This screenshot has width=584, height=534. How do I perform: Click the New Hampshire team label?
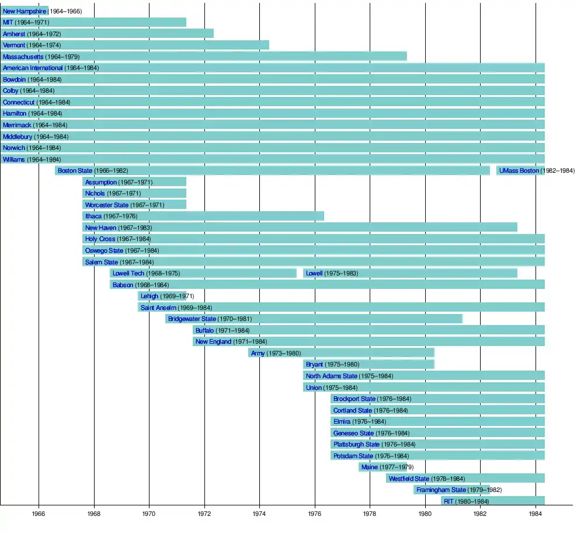tap(25, 11)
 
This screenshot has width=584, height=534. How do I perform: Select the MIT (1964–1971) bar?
tap(93, 22)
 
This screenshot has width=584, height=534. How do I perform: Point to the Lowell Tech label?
tap(128, 273)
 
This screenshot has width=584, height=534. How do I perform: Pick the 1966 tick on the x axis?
tap(39, 514)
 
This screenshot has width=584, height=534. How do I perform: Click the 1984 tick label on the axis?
tap(536, 514)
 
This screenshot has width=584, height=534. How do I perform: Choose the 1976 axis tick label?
tap(315, 514)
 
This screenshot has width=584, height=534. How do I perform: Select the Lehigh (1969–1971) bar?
tap(162, 296)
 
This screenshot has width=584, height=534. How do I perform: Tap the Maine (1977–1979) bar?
tap(383, 467)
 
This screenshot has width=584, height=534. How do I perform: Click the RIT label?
tap(449, 501)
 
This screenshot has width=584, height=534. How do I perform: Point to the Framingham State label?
tap(441, 490)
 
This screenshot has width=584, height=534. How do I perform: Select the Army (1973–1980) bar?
tap(341, 353)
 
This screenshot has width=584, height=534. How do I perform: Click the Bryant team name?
tap(314, 364)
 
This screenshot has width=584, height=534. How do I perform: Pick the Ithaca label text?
tap(93, 216)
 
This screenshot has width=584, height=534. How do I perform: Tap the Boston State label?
tap(75, 170)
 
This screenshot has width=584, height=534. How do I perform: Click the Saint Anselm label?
tap(158, 308)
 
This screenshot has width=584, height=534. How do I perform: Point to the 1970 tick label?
tap(149, 514)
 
